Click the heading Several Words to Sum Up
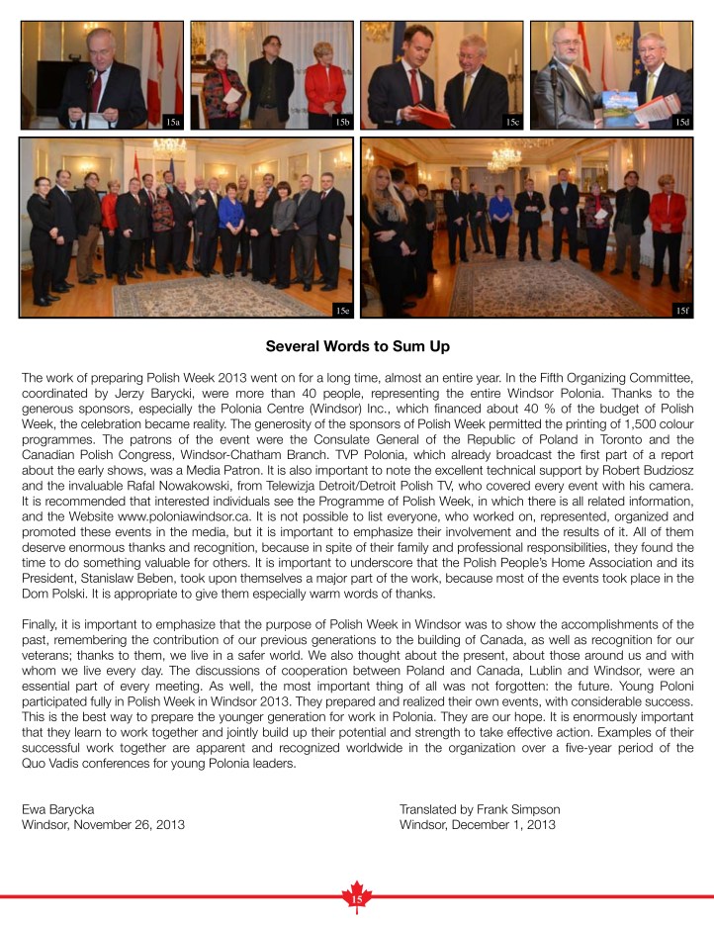point(357,347)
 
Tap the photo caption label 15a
point(172,122)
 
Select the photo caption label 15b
point(342,122)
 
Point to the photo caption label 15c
point(511,122)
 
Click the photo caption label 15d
point(681,122)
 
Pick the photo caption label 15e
point(342,311)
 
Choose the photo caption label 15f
point(681,311)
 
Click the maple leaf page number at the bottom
point(357,898)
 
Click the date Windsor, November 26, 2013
point(103,824)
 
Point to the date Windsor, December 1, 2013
point(477,824)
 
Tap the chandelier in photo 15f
point(505,156)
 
